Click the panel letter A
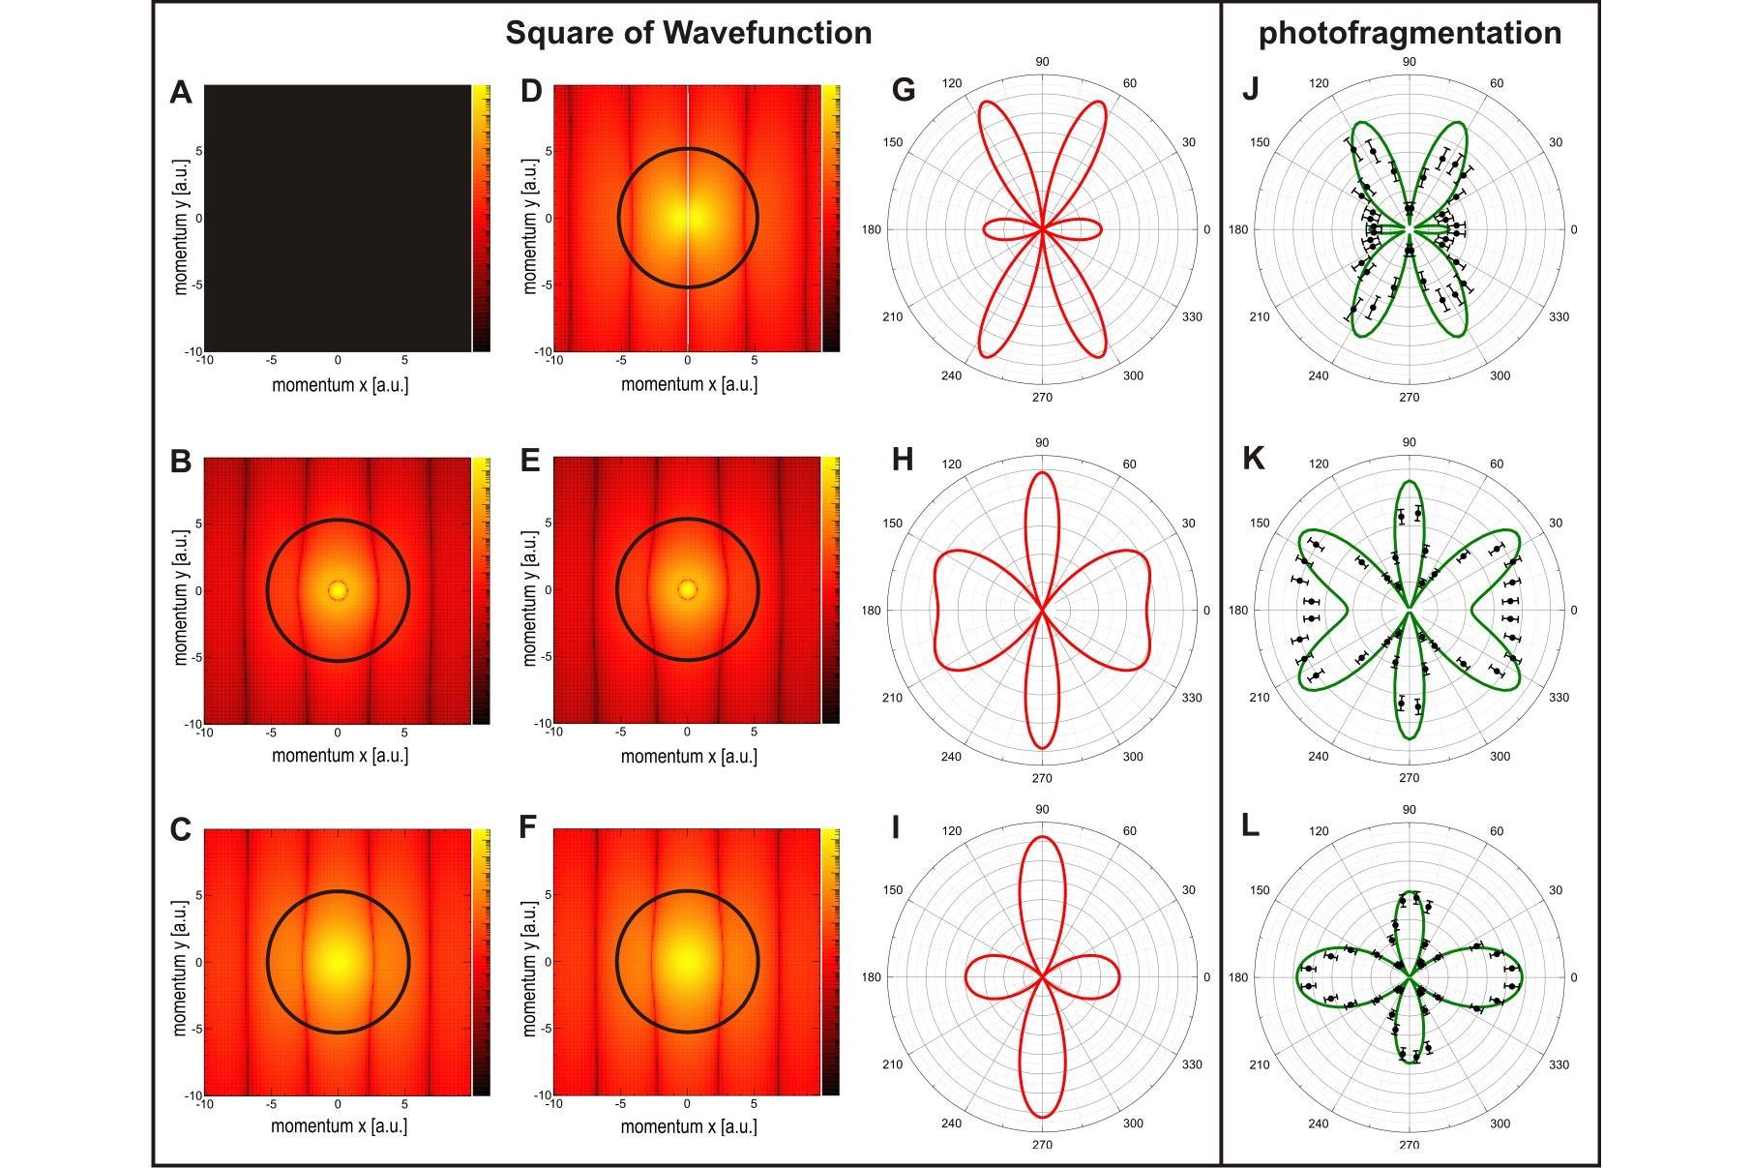(181, 93)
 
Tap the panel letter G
(903, 91)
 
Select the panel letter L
(1250, 826)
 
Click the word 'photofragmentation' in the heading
(1410, 33)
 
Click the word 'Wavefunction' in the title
(767, 33)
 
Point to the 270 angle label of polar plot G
(1042, 398)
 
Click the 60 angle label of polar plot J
(1496, 83)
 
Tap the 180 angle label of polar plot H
(871, 611)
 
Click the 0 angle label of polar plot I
(1206, 977)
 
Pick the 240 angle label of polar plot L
(1318, 1123)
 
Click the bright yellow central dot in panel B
(338, 589)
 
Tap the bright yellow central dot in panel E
(687, 589)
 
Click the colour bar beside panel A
(480, 219)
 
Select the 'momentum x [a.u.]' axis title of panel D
(689, 384)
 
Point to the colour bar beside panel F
(830, 962)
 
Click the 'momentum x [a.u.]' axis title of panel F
(689, 1126)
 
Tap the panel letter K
(1252, 459)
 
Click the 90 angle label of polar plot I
(1042, 810)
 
